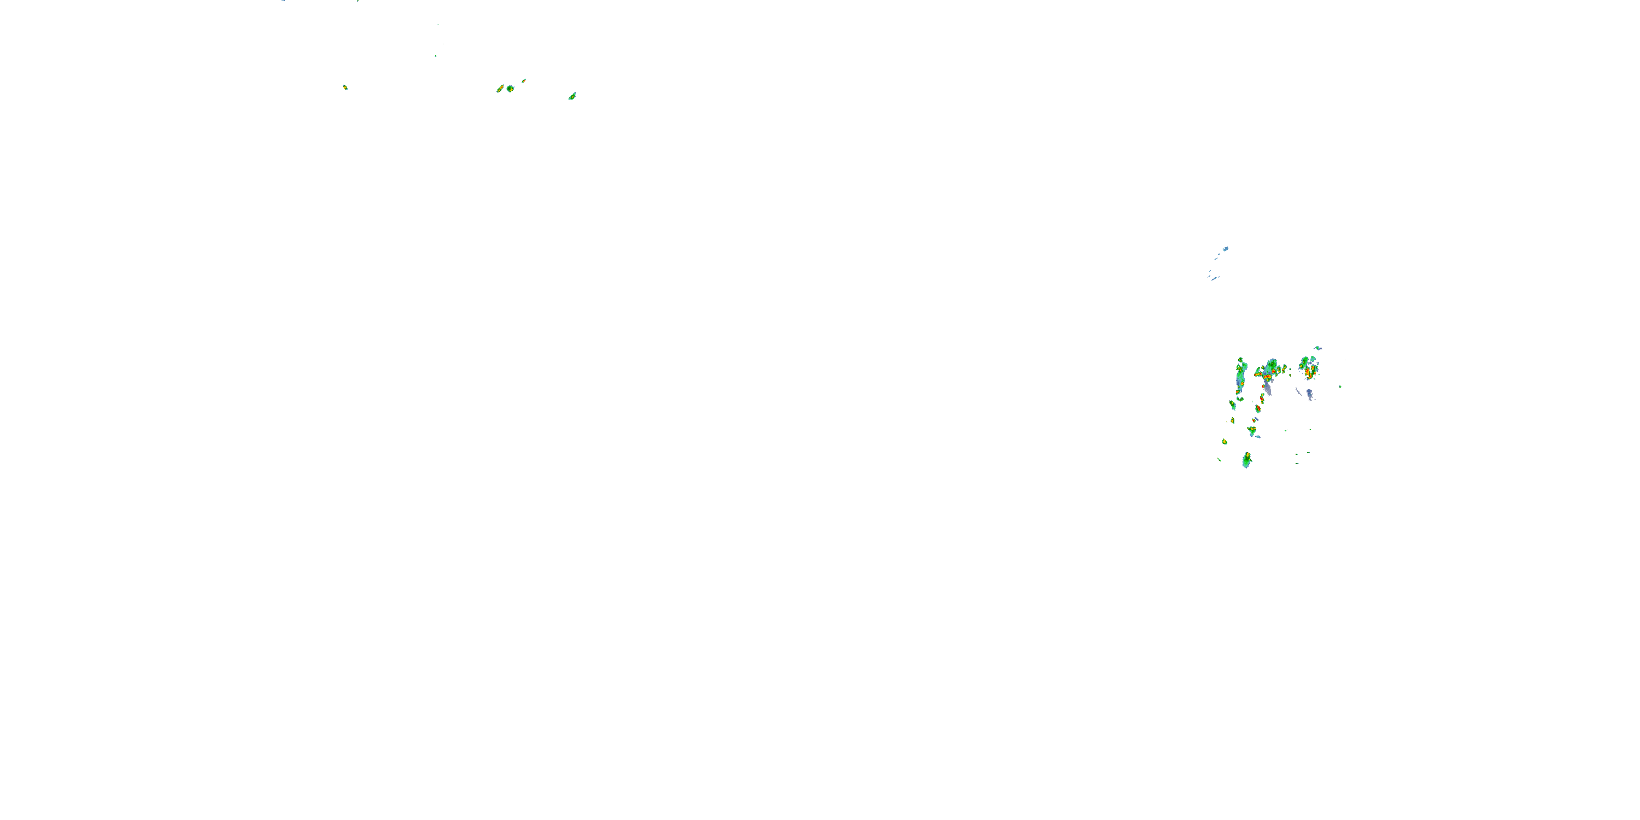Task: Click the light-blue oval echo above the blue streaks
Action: (1225, 249)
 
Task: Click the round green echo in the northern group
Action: (510, 89)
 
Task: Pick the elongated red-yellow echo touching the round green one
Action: (500, 89)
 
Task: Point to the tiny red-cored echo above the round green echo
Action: (524, 80)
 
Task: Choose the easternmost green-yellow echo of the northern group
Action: (572, 96)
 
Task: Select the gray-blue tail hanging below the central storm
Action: (1268, 388)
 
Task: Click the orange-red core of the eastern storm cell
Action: (1307, 372)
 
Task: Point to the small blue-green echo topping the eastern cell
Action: (1318, 348)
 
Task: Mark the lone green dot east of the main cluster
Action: (1340, 386)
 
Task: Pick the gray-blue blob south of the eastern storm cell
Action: (1310, 395)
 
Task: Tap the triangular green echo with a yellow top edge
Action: (1252, 431)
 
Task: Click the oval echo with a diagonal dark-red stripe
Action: (1258, 409)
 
